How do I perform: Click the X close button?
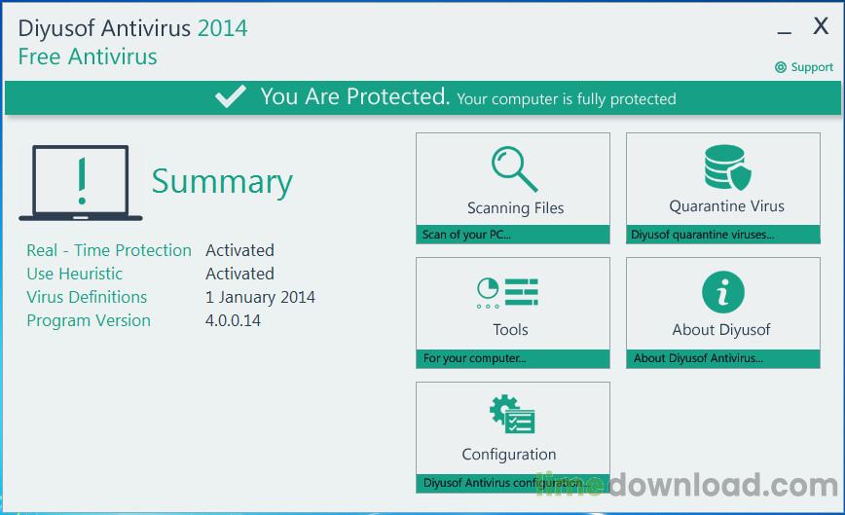click(821, 27)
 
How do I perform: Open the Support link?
click(805, 67)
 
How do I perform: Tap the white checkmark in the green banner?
click(231, 97)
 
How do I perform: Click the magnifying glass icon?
click(514, 168)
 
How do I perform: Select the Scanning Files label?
click(515, 207)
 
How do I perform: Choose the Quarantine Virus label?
click(726, 206)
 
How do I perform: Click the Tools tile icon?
click(507, 293)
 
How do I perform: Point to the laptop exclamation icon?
click(81, 182)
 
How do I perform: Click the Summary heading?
click(222, 182)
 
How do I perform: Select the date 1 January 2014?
click(260, 297)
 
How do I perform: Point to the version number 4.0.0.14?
click(233, 320)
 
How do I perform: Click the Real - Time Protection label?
click(109, 250)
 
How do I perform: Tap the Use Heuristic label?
click(75, 274)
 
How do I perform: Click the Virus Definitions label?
click(87, 297)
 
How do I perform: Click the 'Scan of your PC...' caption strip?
click(513, 235)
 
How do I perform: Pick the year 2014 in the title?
click(222, 28)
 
